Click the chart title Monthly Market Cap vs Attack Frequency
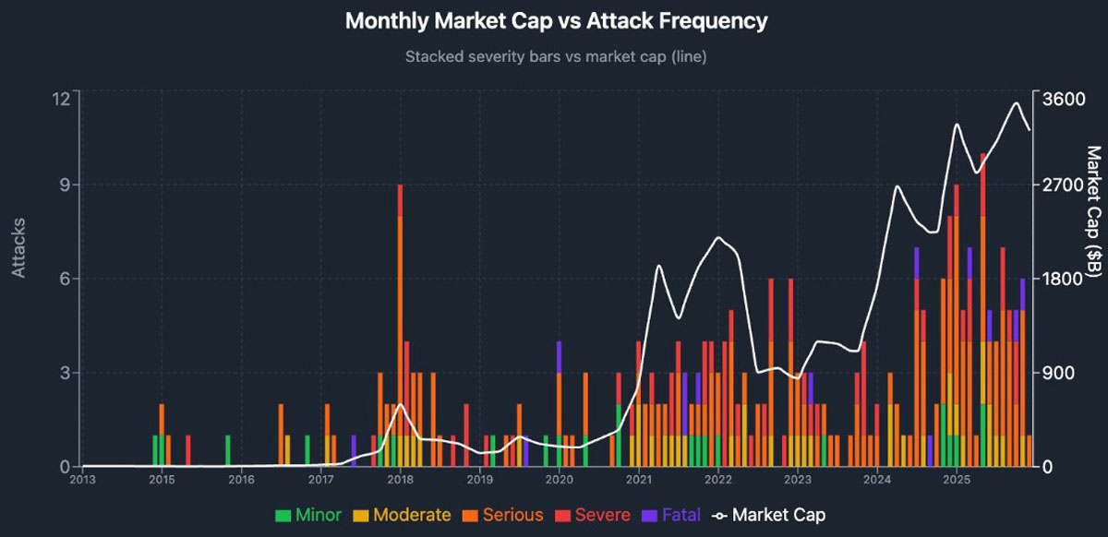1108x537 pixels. pyautogui.click(x=556, y=21)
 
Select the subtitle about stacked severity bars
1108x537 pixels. pyautogui.click(x=556, y=57)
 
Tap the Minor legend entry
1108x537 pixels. pyautogui.click(x=308, y=515)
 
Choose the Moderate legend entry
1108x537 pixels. pyautogui.click(x=402, y=515)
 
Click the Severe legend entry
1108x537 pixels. pyautogui.click(x=593, y=515)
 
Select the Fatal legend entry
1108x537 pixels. pyautogui.click(x=671, y=515)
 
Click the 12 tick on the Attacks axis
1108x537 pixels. pyautogui.click(x=61, y=98)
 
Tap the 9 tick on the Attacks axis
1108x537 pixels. pyautogui.click(x=66, y=185)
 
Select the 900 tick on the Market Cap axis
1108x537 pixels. pyautogui.click(x=1054, y=373)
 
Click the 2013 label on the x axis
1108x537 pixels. pyautogui.click(x=82, y=480)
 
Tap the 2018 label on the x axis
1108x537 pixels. pyautogui.click(x=400, y=480)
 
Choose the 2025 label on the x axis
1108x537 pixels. pyautogui.click(x=957, y=480)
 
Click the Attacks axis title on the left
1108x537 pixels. pyautogui.click(x=18, y=248)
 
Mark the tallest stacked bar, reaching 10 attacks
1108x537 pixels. pyautogui.click(x=983, y=310)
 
